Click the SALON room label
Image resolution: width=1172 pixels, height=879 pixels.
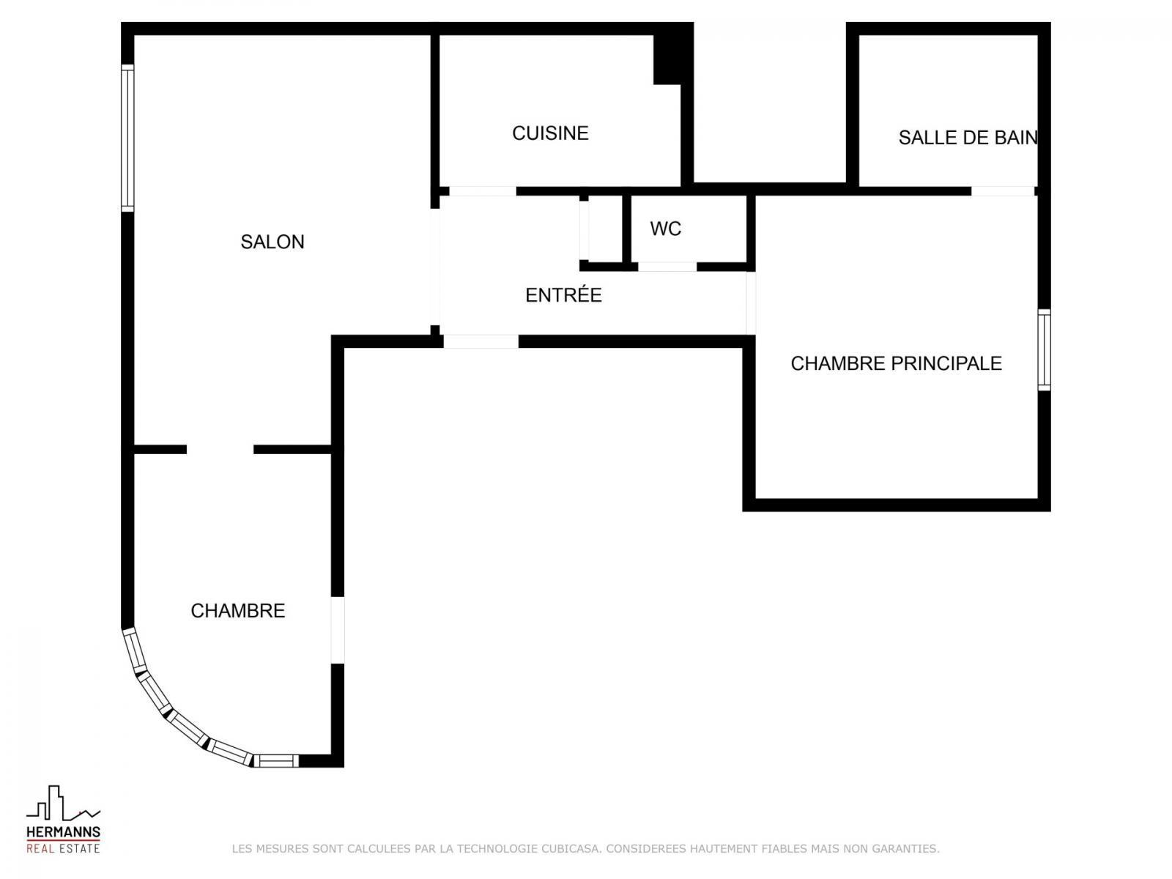pyautogui.click(x=272, y=242)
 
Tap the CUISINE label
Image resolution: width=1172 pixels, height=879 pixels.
pyautogui.click(x=550, y=133)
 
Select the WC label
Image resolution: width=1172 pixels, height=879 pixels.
pyautogui.click(x=665, y=229)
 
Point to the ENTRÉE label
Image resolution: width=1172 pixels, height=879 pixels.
pyautogui.click(x=563, y=294)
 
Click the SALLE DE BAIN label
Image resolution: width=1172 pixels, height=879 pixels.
pyautogui.click(x=968, y=137)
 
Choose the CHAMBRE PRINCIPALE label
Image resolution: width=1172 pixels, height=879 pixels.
pyautogui.click(x=896, y=363)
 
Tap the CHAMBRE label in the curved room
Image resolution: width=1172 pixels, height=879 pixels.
pyautogui.click(x=237, y=611)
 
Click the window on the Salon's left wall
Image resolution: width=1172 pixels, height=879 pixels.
pyautogui.click(x=127, y=138)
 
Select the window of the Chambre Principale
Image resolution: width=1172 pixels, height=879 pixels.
pyautogui.click(x=1044, y=349)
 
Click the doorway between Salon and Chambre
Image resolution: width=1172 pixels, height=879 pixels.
pyautogui.click(x=220, y=449)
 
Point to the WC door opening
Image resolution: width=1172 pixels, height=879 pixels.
pyautogui.click(x=667, y=267)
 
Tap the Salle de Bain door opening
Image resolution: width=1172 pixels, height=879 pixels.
pyautogui.click(x=1003, y=191)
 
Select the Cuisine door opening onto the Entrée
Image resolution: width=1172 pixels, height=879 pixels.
pyautogui.click(x=483, y=191)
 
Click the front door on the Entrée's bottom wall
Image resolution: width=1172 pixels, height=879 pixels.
pyautogui.click(x=481, y=341)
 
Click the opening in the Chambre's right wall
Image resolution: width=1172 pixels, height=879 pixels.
pyautogui.click(x=338, y=630)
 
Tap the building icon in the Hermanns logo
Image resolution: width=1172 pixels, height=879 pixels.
pyautogui.click(x=63, y=803)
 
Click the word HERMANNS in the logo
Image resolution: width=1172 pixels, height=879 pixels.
pyautogui.click(x=63, y=832)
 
